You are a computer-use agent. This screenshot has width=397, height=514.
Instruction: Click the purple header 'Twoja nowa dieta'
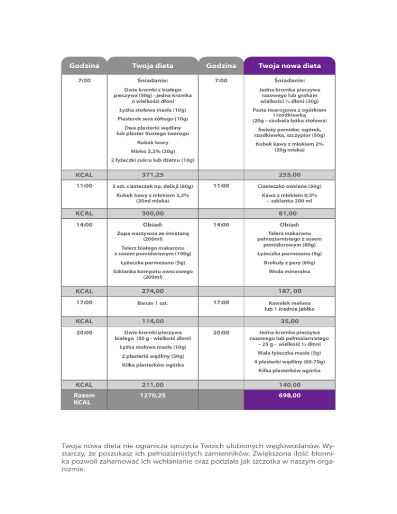[290, 66]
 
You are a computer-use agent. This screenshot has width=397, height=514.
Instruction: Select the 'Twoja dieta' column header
[152, 66]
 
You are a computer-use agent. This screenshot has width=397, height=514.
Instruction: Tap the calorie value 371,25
[152, 176]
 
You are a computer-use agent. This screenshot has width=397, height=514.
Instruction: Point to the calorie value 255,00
[290, 176]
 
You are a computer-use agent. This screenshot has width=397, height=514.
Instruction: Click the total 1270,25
[152, 396]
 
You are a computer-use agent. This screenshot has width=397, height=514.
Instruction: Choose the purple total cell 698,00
[290, 396]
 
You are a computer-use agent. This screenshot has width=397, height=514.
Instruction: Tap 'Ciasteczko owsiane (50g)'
[290, 186]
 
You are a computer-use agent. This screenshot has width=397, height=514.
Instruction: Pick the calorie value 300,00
[152, 212]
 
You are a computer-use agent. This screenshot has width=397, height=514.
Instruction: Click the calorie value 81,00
[290, 212]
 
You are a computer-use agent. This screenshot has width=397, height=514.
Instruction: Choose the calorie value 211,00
[152, 385]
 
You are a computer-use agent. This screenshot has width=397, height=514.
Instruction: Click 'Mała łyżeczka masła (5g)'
[290, 353]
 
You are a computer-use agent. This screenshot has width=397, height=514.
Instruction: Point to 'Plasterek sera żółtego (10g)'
[152, 119]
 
